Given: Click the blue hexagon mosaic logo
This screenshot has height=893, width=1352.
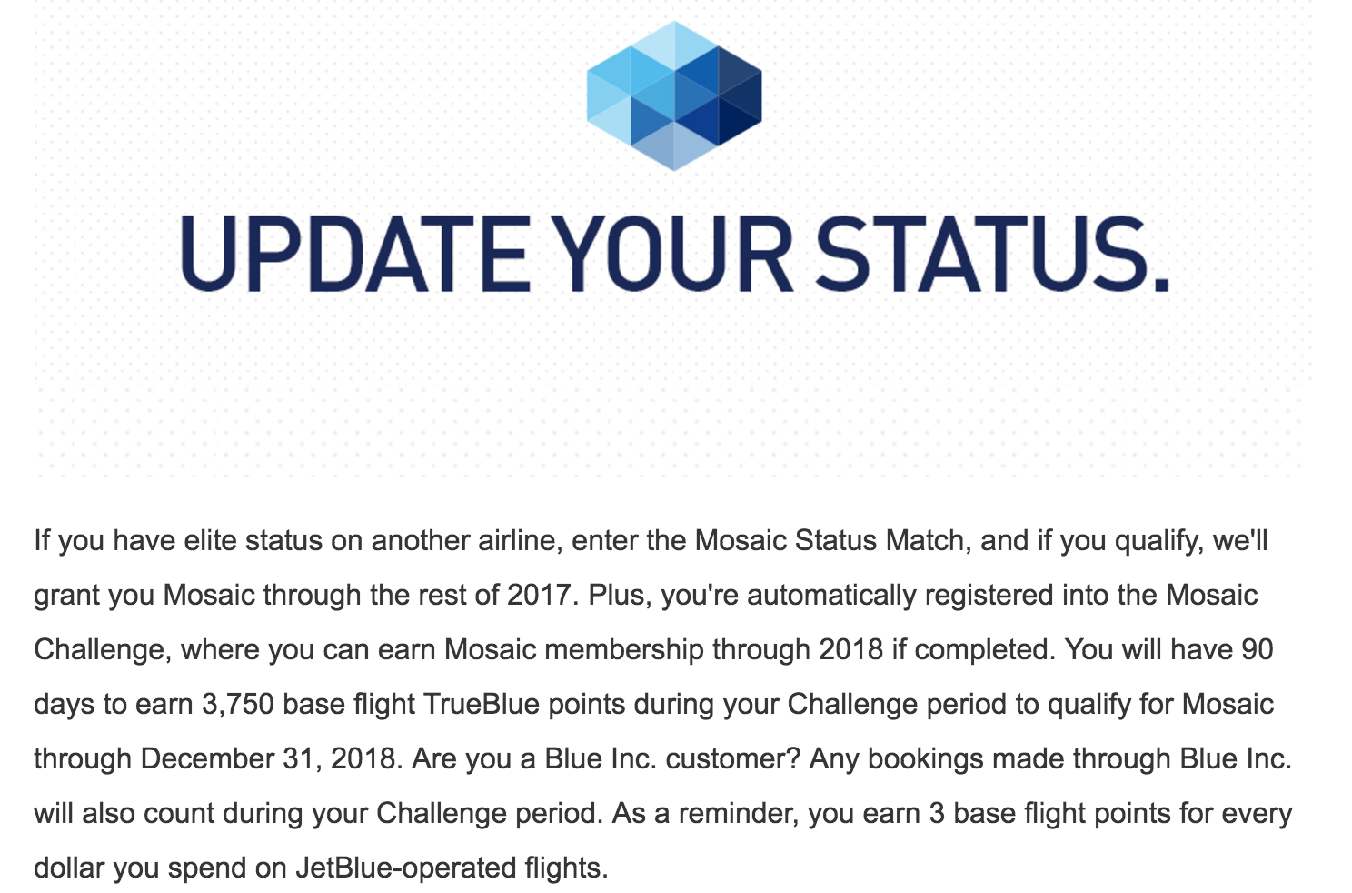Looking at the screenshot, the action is [674, 96].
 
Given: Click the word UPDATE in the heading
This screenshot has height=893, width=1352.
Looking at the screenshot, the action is [355, 255].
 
